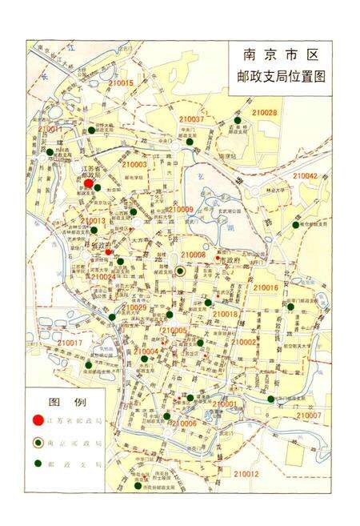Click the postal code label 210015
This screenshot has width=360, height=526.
pyautogui.click(x=120, y=83)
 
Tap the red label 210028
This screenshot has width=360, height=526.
pyautogui.click(x=265, y=113)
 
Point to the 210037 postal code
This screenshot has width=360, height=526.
pyautogui.click(x=192, y=119)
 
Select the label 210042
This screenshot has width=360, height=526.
pyautogui.click(x=305, y=175)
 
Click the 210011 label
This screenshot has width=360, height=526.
pyautogui.click(x=50, y=129)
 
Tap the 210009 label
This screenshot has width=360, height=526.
pyautogui.click(x=179, y=209)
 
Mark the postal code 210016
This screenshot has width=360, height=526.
pyautogui.click(x=266, y=287)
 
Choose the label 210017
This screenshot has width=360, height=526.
pyautogui.click(x=70, y=343)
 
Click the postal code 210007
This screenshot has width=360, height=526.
pyautogui.click(x=308, y=416)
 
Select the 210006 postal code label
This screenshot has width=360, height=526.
pyautogui.click(x=184, y=423)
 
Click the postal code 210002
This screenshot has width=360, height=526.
pyautogui.click(x=244, y=343)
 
